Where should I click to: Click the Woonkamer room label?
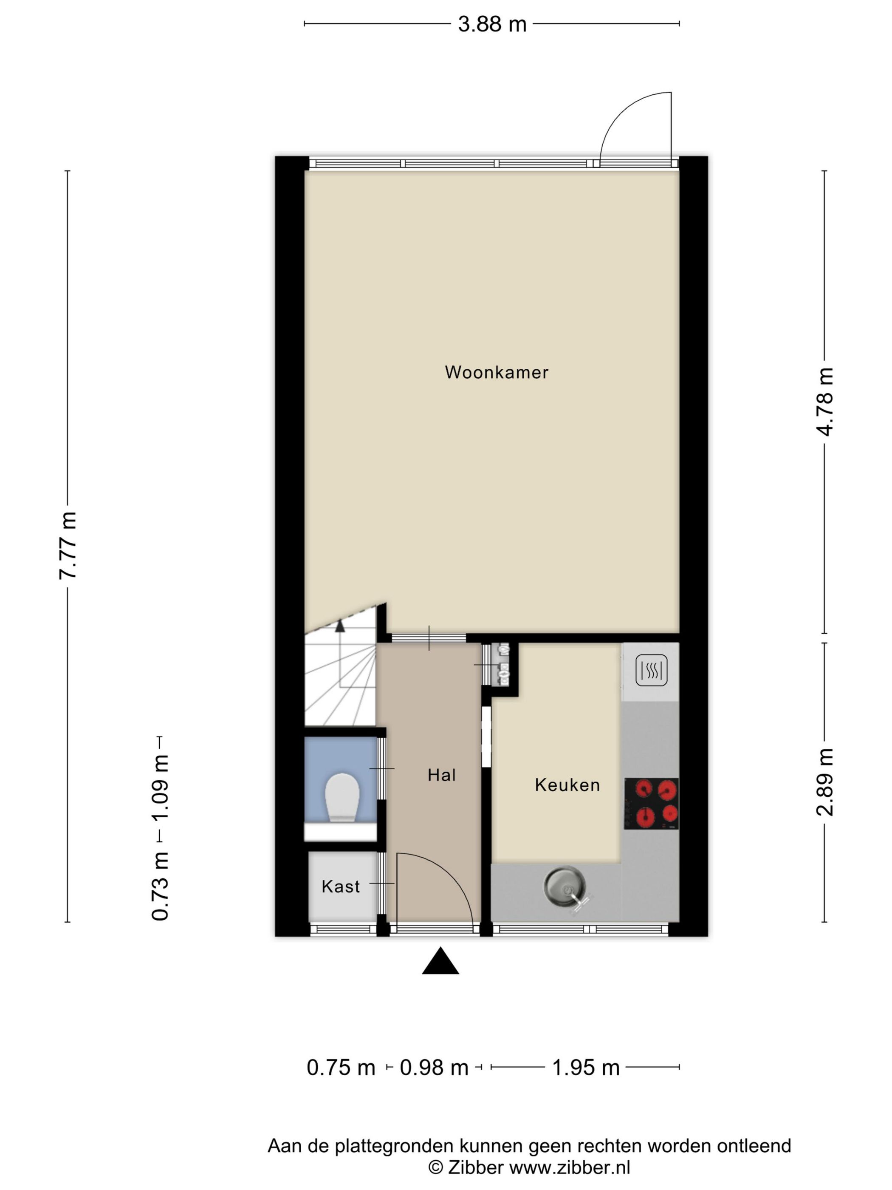point(496,372)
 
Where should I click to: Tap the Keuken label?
point(567,785)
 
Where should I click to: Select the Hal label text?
point(441,775)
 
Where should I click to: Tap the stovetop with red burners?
point(651,803)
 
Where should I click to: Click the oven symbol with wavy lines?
point(651,670)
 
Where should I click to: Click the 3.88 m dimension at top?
point(492,24)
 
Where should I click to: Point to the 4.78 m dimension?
point(824,402)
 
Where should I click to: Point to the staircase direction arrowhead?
point(340,626)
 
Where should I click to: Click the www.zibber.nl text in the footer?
point(570,1167)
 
